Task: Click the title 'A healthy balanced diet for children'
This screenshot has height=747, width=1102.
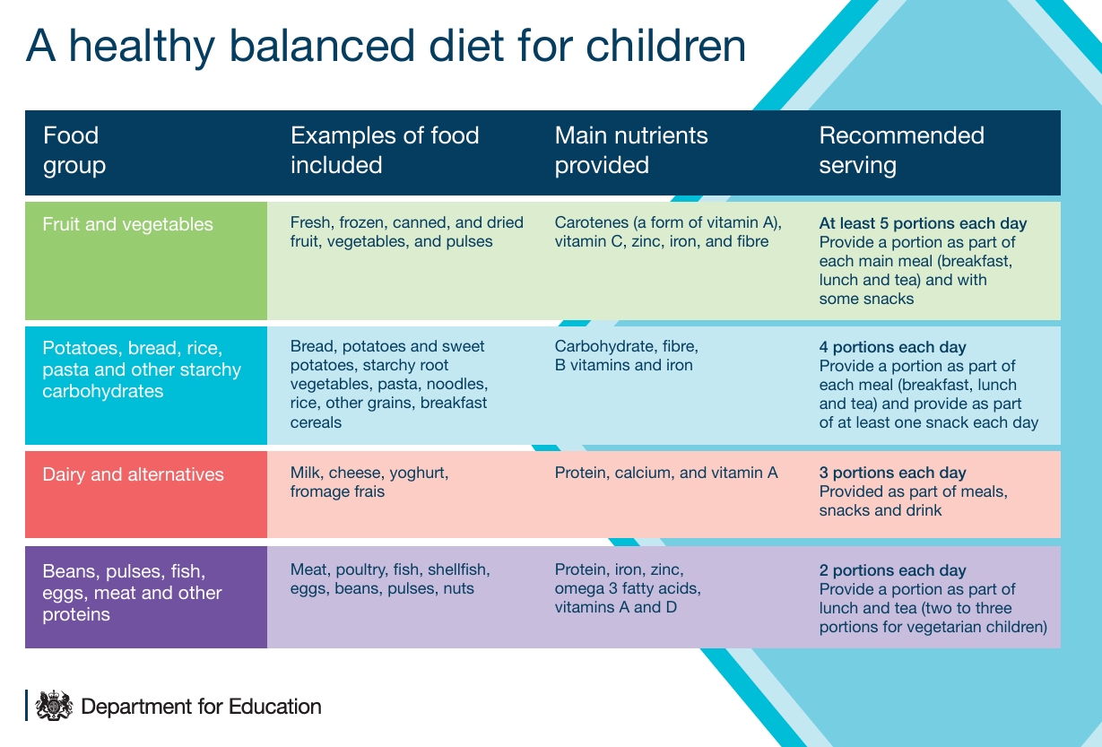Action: pos(386,47)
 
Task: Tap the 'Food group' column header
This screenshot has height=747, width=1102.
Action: pos(74,151)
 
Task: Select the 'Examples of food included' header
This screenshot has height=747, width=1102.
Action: pos(384,151)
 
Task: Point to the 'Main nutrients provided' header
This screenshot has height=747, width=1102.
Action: pos(630,151)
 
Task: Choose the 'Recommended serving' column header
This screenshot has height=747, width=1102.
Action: pos(901,151)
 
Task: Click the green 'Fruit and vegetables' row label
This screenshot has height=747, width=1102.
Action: pos(128,224)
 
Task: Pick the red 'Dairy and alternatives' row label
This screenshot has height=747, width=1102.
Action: pos(134,474)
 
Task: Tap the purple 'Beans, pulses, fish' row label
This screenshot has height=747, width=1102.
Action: pos(132,593)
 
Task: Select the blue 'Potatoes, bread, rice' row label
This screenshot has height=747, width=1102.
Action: pos(142,369)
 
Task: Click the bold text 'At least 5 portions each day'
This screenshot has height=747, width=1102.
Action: pos(923,223)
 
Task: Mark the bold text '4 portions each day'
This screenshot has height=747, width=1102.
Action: pos(892,347)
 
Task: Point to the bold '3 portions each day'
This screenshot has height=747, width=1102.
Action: pos(892,473)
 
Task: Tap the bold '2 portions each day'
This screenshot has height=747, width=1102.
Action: pos(892,570)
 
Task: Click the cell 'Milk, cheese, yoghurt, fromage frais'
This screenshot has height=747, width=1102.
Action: pos(369,482)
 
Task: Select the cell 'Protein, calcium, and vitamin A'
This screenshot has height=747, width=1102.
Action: pos(665,473)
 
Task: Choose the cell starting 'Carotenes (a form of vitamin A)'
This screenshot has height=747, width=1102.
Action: pos(668,231)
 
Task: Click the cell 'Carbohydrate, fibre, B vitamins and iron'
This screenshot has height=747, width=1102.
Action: pos(626,356)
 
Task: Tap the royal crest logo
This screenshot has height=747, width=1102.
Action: pos(53,705)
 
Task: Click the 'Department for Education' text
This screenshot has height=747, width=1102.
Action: pos(201,706)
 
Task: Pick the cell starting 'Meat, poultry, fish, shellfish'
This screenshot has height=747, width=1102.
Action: pos(390,579)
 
